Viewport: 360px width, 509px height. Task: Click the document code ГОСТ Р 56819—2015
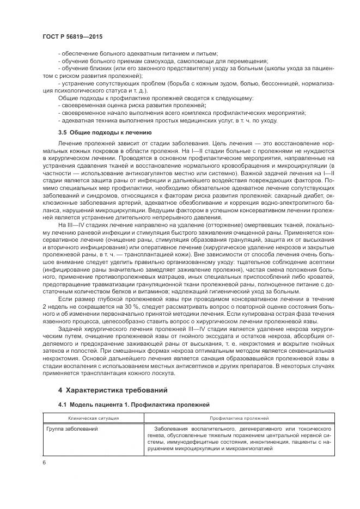tap(72, 36)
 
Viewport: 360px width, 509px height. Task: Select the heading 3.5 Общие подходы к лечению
tap(105, 132)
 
